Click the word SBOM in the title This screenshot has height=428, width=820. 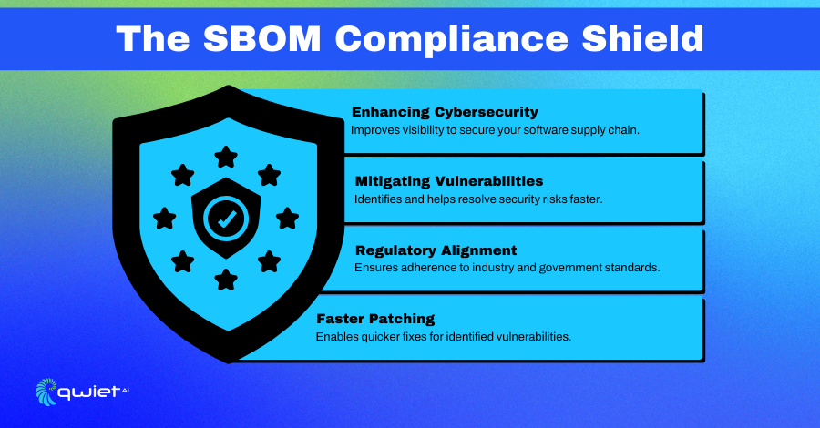pos(261,38)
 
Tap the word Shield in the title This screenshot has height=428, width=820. pos(642,38)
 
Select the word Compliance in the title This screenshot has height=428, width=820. pos(451,41)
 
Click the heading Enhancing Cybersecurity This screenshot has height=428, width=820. pos(445,112)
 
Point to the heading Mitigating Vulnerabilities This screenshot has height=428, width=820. pos(449,181)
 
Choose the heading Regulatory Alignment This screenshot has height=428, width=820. pos(436,250)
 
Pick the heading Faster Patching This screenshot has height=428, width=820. pos(375,318)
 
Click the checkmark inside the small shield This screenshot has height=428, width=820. pos(226,219)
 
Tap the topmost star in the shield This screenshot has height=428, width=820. pos(226,157)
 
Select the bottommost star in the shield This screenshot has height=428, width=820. pos(226,280)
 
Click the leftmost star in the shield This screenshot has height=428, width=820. pos(164,219)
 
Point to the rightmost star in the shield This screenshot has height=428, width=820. pos(287,219)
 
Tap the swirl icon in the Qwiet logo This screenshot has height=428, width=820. pos(46,392)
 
